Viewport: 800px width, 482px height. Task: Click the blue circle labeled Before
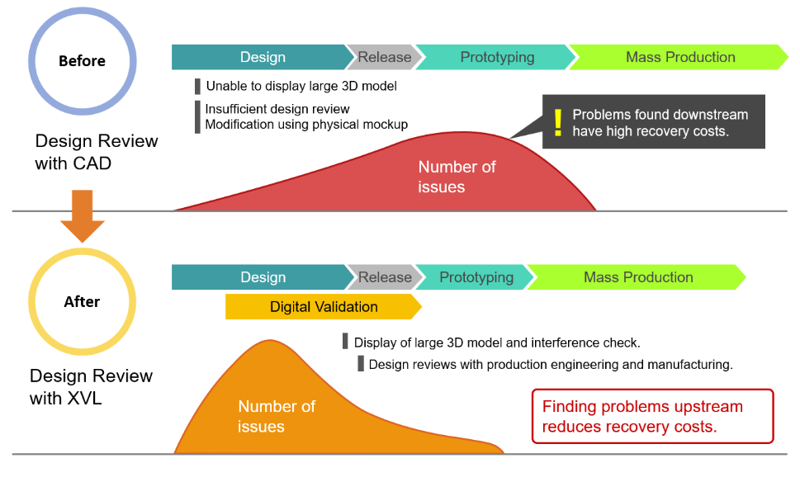(82, 61)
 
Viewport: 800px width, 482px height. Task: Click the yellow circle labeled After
(82, 301)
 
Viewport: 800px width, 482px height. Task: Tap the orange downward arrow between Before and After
(82, 215)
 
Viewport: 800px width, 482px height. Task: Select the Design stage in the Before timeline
(262, 57)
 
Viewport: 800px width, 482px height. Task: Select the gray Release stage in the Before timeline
(384, 57)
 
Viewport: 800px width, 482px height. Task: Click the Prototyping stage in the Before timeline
(496, 57)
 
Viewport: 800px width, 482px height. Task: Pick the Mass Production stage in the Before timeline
(679, 57)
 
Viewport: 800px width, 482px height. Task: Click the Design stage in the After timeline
(262, 277)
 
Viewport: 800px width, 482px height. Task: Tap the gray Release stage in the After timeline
(384, 277)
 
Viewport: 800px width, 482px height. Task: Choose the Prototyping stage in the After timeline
(476, 277)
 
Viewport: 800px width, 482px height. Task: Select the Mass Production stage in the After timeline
(637, 277)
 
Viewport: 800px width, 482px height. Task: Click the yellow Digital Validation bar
(324, 307)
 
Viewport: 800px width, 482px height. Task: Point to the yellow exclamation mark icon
(558, 122)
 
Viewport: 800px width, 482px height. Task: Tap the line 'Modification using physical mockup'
(306, 125)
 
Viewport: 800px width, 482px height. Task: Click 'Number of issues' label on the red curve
(456, 177)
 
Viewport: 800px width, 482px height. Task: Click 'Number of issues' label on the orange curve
(276, 416)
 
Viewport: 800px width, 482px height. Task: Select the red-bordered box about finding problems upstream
(652, 416)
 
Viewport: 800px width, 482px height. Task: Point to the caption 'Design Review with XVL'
(91, 387)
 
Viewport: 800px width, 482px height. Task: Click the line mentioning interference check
(497, 342)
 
